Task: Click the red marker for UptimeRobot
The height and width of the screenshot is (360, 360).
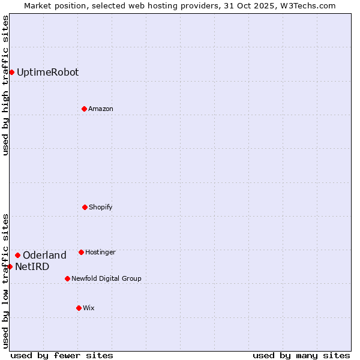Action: (x=11, y=73)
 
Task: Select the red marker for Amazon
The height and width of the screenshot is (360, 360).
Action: (x=84, y=109)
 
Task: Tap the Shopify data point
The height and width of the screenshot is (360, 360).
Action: (x=85, y=207)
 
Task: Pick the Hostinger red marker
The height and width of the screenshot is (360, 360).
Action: (x=81, y=252)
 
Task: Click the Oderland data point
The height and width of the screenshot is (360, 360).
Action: (x=17, y=255)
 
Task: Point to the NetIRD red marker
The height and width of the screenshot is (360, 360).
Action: (x=10, y=266)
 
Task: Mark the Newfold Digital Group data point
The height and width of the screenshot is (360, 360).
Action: (x=67, y=278)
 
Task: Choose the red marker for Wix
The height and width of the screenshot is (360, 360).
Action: (x=79, y=308)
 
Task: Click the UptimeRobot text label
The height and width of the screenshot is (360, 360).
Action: (x=47, y=73)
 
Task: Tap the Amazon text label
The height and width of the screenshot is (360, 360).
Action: (x=101, y=109)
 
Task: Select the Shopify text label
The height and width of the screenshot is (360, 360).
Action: (x=101, y=207)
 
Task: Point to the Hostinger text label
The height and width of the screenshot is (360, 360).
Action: (x=100, y=252)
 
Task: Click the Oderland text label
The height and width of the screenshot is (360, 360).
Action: (x=44, y=256)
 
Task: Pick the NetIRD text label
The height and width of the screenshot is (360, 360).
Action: (x=32, y=267)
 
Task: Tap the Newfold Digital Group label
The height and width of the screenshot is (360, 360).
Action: (x=106, y=278)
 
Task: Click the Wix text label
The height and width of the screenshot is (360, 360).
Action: (x=89, y=308)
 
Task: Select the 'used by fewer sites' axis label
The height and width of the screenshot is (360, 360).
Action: (x=62, y=355)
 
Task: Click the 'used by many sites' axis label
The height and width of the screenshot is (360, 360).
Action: (x=301, y=355)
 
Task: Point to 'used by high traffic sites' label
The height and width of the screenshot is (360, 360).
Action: (x=6, y=85)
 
